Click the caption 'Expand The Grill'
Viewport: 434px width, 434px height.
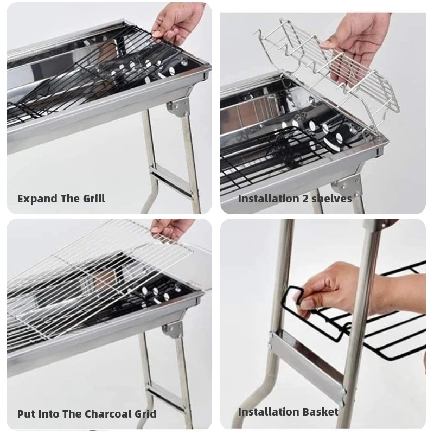[61, 199]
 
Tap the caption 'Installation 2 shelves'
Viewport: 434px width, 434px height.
[295, 199]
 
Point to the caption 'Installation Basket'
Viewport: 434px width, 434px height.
[288, 412]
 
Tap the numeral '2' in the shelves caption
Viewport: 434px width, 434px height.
[304, 199]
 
